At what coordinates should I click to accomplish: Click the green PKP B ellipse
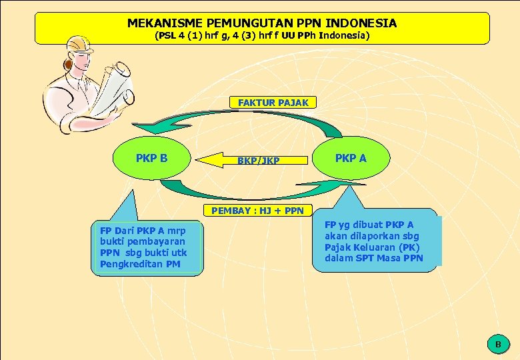tap(151, 159)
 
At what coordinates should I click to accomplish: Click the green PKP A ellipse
tap(351, 159)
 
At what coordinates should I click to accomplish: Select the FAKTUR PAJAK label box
tap(273, 103)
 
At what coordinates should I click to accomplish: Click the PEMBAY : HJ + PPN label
tap(257, 211)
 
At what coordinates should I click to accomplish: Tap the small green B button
tap(497, 344)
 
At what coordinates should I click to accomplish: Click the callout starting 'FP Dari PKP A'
tap(146, 247)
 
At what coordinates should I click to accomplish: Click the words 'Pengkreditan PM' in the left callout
tap(140, 265)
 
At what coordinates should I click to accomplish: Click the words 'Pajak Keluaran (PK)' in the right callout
tap(371, 247)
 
